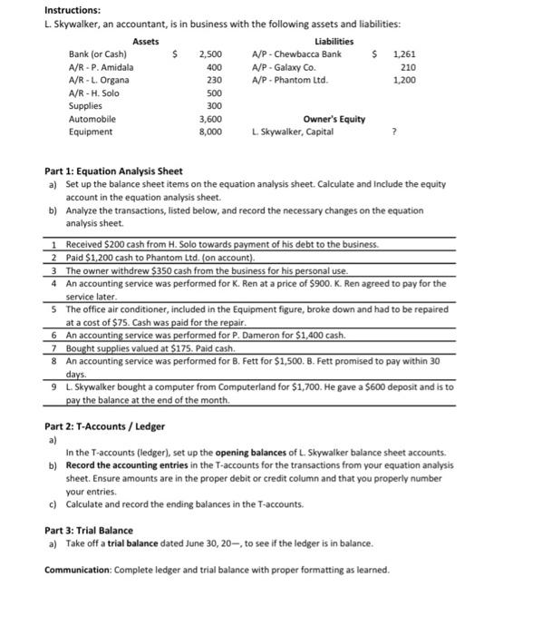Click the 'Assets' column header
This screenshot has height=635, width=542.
145,42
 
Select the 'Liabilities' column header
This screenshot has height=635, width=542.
334,42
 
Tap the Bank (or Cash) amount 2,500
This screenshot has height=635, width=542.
210,54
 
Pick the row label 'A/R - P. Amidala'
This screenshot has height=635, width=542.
102,67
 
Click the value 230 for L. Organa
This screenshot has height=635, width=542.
214,80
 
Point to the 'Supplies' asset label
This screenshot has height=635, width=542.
86,106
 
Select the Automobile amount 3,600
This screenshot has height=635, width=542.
210,119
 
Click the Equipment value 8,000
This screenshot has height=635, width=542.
210,132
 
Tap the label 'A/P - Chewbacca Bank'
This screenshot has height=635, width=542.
296,54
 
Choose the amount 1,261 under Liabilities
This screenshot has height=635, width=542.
404,54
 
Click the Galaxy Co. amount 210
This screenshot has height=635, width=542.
408,67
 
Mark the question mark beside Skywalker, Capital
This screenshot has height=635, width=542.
393,132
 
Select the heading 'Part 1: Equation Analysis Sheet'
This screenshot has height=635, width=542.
113,171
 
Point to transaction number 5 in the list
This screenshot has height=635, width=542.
55,308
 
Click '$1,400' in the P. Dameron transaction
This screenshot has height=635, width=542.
308,335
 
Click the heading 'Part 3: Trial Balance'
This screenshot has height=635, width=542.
89,530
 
